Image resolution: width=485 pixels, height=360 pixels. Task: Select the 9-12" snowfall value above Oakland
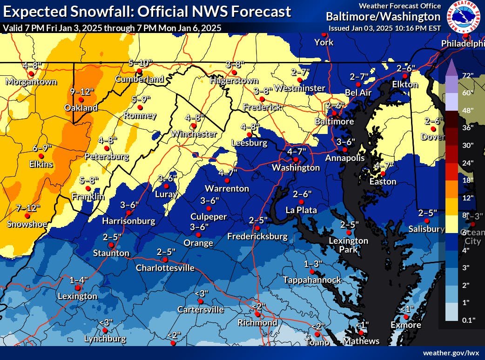[80, 91]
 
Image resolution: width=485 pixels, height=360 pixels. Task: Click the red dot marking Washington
[296, 160]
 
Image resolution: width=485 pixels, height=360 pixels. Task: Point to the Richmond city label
[257, 322]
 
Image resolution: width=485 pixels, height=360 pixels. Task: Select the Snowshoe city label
[27, 224]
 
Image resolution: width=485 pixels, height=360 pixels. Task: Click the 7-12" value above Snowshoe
[27, 207]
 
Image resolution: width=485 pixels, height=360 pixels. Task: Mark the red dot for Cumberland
[139, 71]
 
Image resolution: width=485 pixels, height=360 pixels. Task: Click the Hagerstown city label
[234, 80]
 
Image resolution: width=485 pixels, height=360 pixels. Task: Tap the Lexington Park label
[349, 245]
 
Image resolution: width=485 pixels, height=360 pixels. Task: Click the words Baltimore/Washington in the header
[383, 17]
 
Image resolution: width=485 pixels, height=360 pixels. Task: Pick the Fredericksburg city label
[257, 237]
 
